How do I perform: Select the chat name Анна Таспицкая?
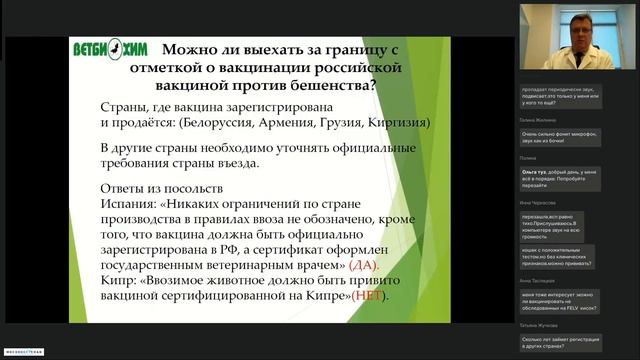coord(540,281)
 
